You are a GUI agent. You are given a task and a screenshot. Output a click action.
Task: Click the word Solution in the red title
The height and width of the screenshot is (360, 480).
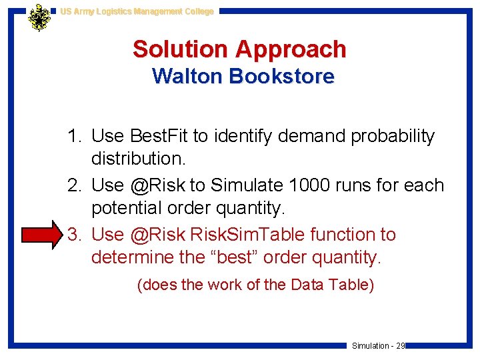(180, 49)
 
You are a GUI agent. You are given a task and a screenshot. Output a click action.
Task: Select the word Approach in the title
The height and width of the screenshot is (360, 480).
(291, 49)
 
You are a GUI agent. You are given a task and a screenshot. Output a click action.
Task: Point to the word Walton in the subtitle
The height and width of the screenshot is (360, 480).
(187, 77)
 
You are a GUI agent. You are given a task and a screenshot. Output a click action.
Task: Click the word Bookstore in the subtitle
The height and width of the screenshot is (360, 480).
(281, 77)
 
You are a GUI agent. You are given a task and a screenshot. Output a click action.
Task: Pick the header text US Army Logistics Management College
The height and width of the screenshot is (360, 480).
(137, 11)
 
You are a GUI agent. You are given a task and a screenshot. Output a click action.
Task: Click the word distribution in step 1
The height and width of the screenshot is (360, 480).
(139, 159)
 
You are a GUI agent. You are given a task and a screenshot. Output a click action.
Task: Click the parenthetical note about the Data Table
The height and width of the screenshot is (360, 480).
(255, 285)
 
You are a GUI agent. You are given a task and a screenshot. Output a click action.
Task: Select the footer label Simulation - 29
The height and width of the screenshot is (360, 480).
(378, 346)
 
